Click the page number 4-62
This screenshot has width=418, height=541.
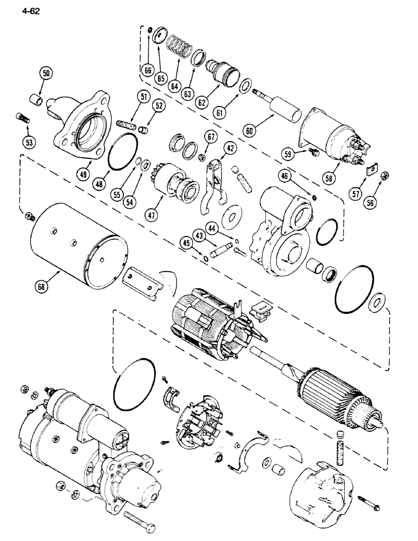coord(18,9)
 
